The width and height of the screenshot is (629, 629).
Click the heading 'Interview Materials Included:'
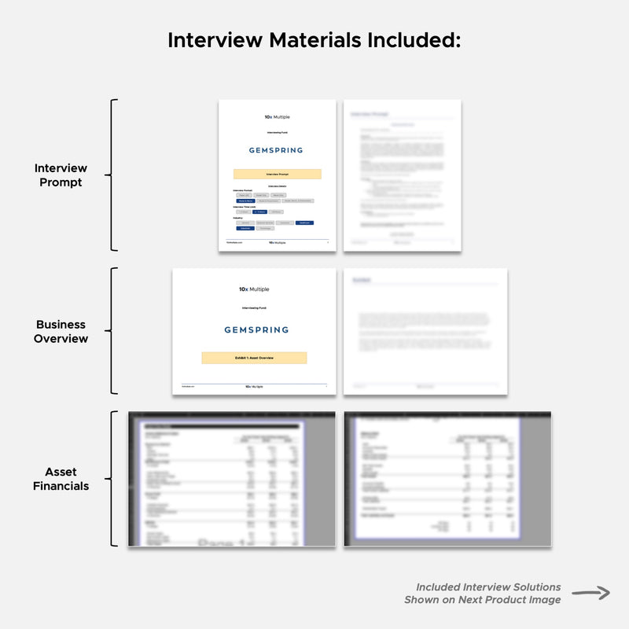tap(314, 40)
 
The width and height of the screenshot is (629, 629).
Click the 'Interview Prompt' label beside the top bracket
tap(61, 175)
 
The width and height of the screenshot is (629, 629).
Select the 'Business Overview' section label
tap(61, 331)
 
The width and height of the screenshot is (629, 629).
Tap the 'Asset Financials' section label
tap(61, 479)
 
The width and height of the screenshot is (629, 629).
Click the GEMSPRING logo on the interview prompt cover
tap(276, 150)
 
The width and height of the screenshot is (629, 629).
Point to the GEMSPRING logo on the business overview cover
tap(256, 329)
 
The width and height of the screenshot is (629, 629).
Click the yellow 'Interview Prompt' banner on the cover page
tap(277, 174)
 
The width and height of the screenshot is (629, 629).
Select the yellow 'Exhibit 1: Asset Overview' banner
tap(254, 358)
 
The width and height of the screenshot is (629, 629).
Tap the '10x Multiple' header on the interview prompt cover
tap(277, 116)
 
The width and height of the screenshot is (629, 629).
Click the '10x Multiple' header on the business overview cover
tap(254, 289)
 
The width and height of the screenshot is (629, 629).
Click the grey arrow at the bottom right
tap(590, 594)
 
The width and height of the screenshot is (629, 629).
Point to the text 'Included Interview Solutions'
tap(488, 587)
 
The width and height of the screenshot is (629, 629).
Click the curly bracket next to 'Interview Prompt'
tap(114, 175)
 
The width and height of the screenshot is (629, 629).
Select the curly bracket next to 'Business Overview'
tap(114, 331)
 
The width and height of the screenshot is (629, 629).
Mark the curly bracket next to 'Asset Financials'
tap(114, 479)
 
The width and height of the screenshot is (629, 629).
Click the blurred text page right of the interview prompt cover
tap(402, 175)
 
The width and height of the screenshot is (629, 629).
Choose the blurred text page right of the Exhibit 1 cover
tap(425, 331)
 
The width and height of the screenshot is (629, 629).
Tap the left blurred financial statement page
tap(231, 479)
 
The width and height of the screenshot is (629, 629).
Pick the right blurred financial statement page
tap(447, 479)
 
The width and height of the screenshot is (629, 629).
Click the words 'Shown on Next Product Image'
tap(483, 600)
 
